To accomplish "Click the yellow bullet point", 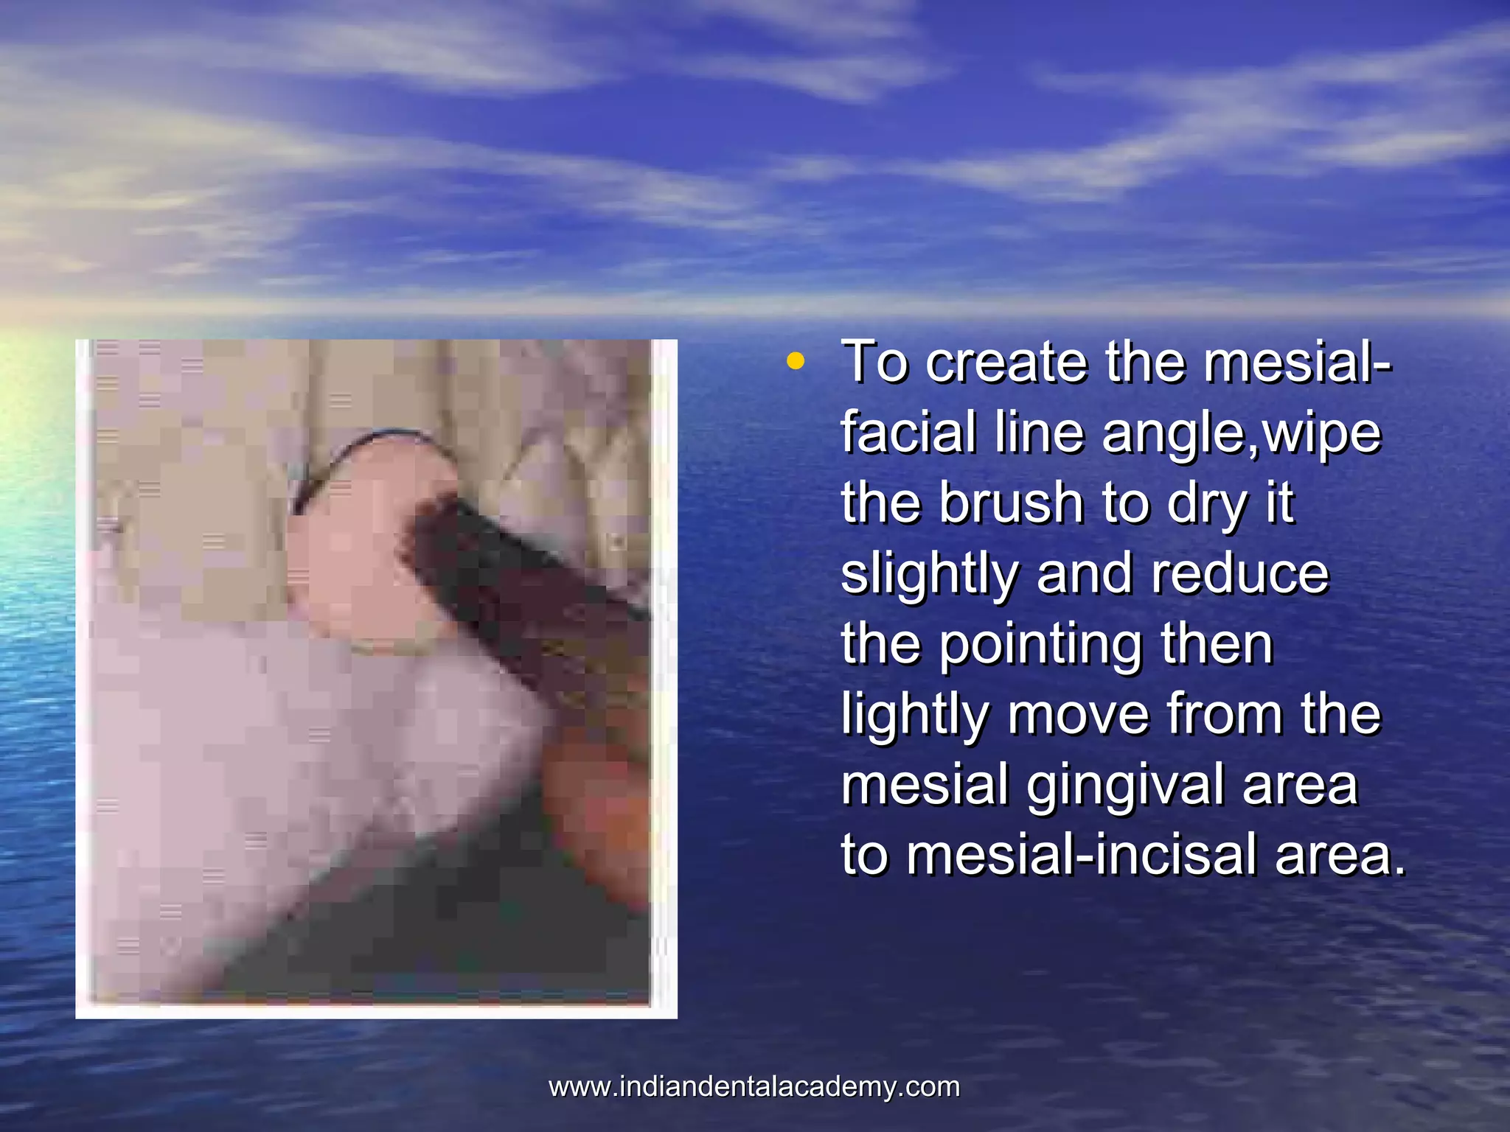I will [795, 362].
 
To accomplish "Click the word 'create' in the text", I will [1006, 363].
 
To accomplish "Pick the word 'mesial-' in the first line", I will [1298, 363].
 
